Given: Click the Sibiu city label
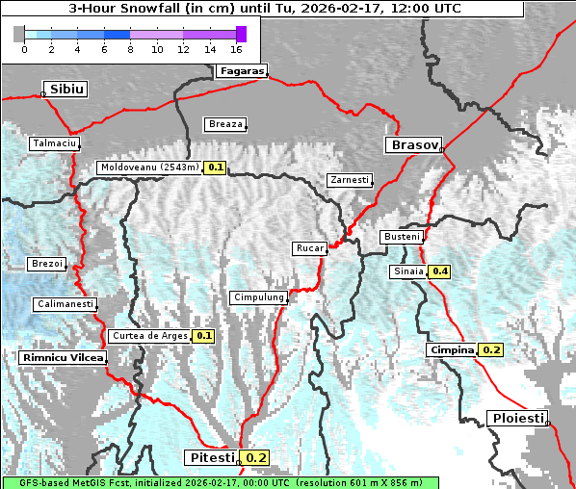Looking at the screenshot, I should (x=67, y=89).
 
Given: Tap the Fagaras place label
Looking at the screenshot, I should (x=240, y=71).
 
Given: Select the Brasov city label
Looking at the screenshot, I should (x=413, y=145).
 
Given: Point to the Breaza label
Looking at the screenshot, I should (x=225, y=124).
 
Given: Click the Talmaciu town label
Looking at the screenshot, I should (x=53, y=142).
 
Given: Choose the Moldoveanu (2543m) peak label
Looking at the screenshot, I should (x=149, y=167).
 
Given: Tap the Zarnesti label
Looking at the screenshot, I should (x=349, y=180).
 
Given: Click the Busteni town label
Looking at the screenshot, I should (x=402, y=237).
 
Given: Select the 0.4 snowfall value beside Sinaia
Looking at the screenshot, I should (x=440, y=271).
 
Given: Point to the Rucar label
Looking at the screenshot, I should (x=309, y=248).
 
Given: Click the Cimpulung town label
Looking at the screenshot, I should (x=258, y=298).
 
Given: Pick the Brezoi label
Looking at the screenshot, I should (x=47, y=264).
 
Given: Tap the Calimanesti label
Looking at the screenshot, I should (x=65, y=304).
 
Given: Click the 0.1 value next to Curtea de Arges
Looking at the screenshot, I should (x=203, y=336).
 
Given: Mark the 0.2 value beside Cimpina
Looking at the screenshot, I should (x=491, y=349).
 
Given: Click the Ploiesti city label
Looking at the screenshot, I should (x=517, y=419).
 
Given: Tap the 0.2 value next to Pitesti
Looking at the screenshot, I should (x=257, y=458).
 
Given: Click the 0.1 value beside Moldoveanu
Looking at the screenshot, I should (x=216, y=167).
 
